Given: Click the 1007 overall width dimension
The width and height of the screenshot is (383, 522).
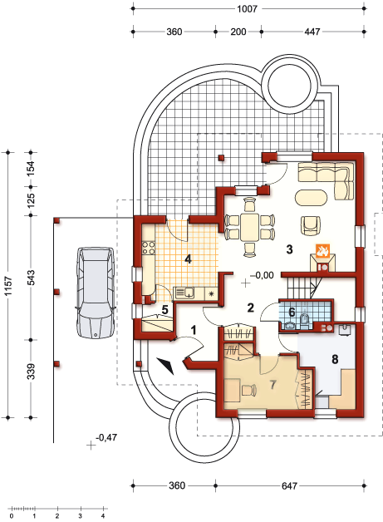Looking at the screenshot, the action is [x=247, y=8].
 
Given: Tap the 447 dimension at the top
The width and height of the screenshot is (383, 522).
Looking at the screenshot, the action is [x=312, y=32].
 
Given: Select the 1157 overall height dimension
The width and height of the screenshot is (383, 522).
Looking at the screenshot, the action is [x=8, y=285].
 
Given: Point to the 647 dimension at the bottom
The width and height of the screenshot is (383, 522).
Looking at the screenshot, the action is [x=289, y=485].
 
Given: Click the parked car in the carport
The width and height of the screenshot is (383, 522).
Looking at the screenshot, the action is [x=96, y=293].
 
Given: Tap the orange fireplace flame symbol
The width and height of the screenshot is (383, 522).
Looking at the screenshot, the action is [x=322, y=250].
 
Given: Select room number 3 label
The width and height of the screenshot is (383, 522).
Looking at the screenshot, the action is [x=289, y=249].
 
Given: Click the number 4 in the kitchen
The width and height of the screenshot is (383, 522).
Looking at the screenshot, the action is [x=188, y=259].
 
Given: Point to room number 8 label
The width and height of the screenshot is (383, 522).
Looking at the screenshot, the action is [x=335, y=359].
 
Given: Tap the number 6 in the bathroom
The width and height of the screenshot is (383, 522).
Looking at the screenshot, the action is [x=292, y=313].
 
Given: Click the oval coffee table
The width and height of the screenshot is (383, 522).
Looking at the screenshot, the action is [x=311, y=198].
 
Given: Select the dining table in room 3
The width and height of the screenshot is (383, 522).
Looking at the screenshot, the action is [x=249, y=227].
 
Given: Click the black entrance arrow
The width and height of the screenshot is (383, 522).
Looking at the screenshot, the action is [x=165, y=366].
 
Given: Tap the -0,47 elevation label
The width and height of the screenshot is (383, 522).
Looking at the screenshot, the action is [x=106, y=437].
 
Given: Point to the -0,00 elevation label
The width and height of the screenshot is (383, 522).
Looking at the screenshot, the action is [x=263, y=275].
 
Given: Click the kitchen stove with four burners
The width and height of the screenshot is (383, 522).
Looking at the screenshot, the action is [x=149, y=248].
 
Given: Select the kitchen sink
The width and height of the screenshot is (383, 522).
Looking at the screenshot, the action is [x=185, y=293].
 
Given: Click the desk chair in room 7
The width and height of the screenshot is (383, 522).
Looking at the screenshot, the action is [x=249, y=390].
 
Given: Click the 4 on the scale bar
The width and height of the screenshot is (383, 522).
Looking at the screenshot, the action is [x=103, y=516].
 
